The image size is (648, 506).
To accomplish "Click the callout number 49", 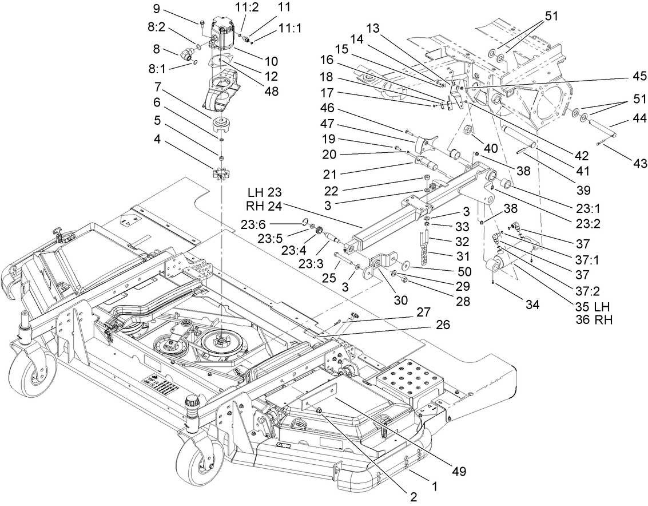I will point(458,472).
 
